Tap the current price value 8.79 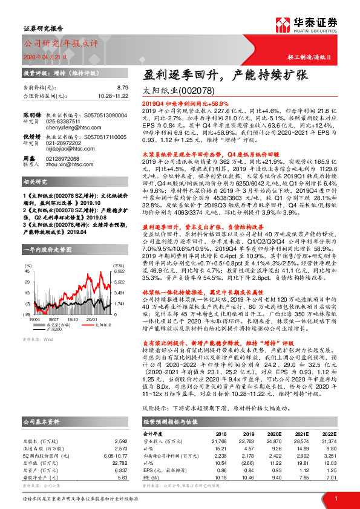point(122,88)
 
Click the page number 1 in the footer point(335,497)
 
